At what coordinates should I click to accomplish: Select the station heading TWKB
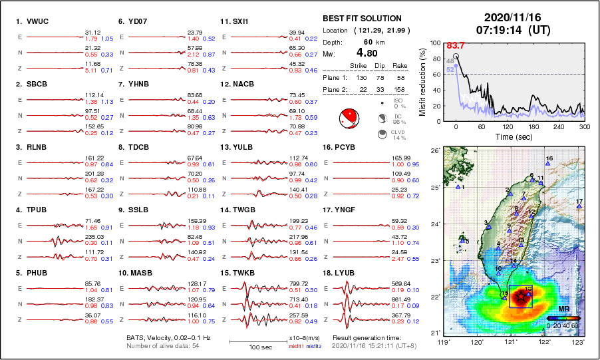[243, 273]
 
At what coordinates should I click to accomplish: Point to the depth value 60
[368, 41]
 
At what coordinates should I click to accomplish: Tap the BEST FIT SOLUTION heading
[362, 19]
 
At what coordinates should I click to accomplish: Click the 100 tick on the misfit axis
[434, 43]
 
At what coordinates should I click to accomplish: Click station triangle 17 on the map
[579, 207]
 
